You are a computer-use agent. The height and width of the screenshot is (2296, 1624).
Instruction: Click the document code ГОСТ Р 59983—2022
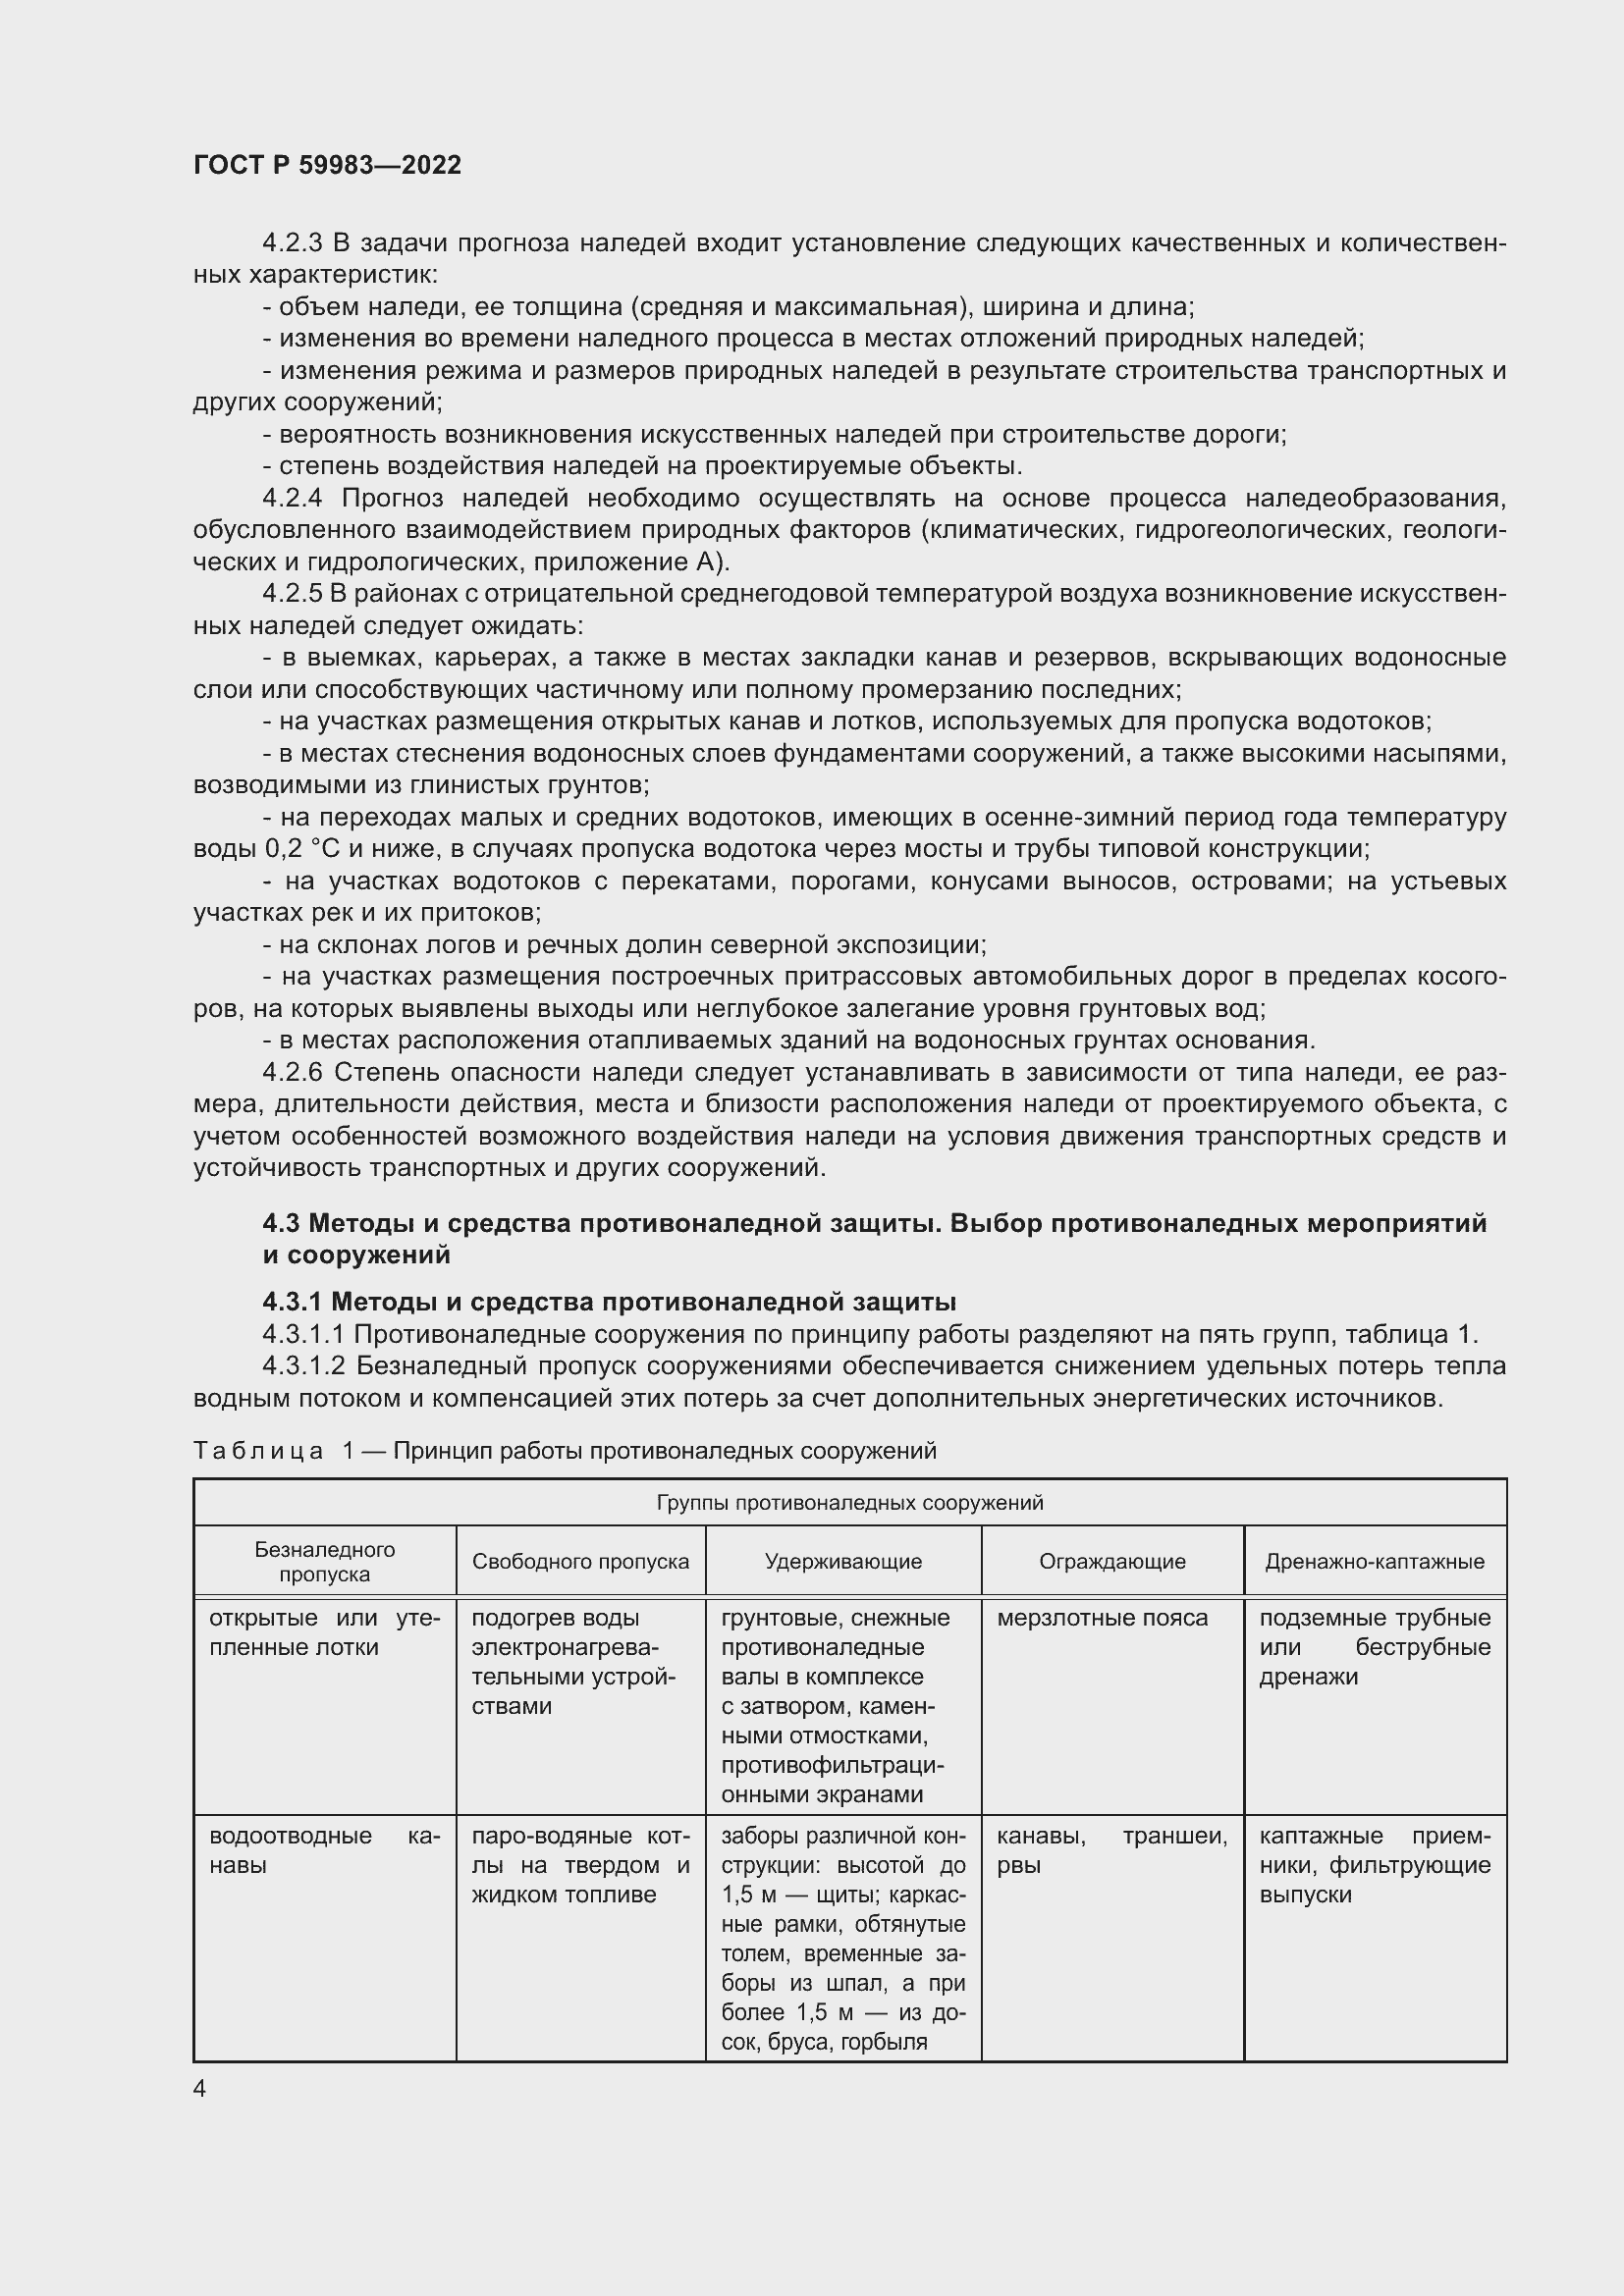[327, 165]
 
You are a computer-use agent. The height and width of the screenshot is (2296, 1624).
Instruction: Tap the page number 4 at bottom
[200, 2089]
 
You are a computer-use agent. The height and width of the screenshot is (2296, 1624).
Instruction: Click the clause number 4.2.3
[292, 243]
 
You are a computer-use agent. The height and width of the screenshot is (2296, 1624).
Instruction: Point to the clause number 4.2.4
[292, 498]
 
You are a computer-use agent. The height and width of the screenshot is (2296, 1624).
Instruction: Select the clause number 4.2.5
[292, 593]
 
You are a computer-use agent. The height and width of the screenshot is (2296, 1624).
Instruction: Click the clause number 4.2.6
[292, 1072]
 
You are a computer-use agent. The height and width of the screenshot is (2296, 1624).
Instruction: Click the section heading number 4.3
[282, 1223]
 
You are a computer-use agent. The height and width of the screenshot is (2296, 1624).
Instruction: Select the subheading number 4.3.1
[292, 1302]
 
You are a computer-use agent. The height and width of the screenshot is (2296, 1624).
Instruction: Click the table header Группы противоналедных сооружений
[849, 1503]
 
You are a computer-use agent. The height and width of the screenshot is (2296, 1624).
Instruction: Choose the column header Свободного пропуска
[580, 1561]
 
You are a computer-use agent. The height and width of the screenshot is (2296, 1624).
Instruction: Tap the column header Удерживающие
[843, 1561]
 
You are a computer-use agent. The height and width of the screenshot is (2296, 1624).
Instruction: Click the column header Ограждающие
[1112, 1561]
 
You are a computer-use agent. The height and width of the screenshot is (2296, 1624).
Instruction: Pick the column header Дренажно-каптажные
[1374, 1561]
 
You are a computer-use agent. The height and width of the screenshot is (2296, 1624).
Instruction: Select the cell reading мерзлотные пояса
[1102, 1618]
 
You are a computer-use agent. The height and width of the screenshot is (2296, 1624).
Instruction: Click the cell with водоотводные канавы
[324, 1850]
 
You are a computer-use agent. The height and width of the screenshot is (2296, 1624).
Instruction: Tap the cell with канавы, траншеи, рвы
[1112, 1850]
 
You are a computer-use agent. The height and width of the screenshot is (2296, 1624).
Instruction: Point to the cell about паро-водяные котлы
[580, 1865]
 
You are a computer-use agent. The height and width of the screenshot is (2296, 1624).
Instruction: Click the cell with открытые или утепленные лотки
[324, 1632]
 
